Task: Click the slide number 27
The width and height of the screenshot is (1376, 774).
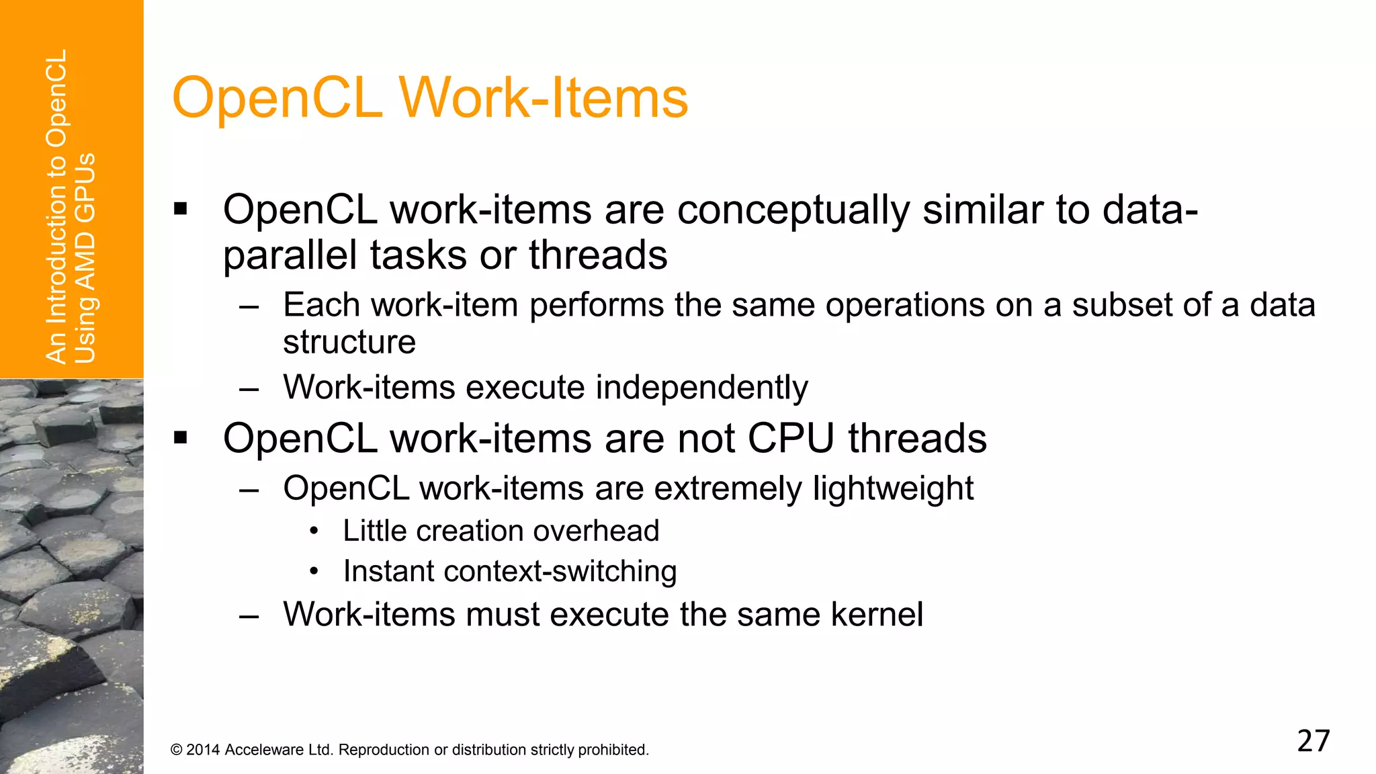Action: click(1314, 740)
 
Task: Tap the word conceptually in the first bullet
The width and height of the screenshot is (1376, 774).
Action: click(793, 210)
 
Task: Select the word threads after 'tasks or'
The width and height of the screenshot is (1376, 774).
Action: click(598, 255)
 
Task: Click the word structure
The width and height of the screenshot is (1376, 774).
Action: click(349, 342)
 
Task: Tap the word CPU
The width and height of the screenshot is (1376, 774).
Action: click(791, 439)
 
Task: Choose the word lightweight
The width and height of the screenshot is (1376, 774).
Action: click(893, 488)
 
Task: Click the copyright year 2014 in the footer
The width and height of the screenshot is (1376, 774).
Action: click(203, 750)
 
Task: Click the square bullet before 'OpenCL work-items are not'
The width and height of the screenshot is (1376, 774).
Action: click(180, 438)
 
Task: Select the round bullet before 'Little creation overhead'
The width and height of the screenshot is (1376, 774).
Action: click(314, 531)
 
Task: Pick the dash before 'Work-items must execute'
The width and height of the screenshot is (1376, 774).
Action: click(249, 615)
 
